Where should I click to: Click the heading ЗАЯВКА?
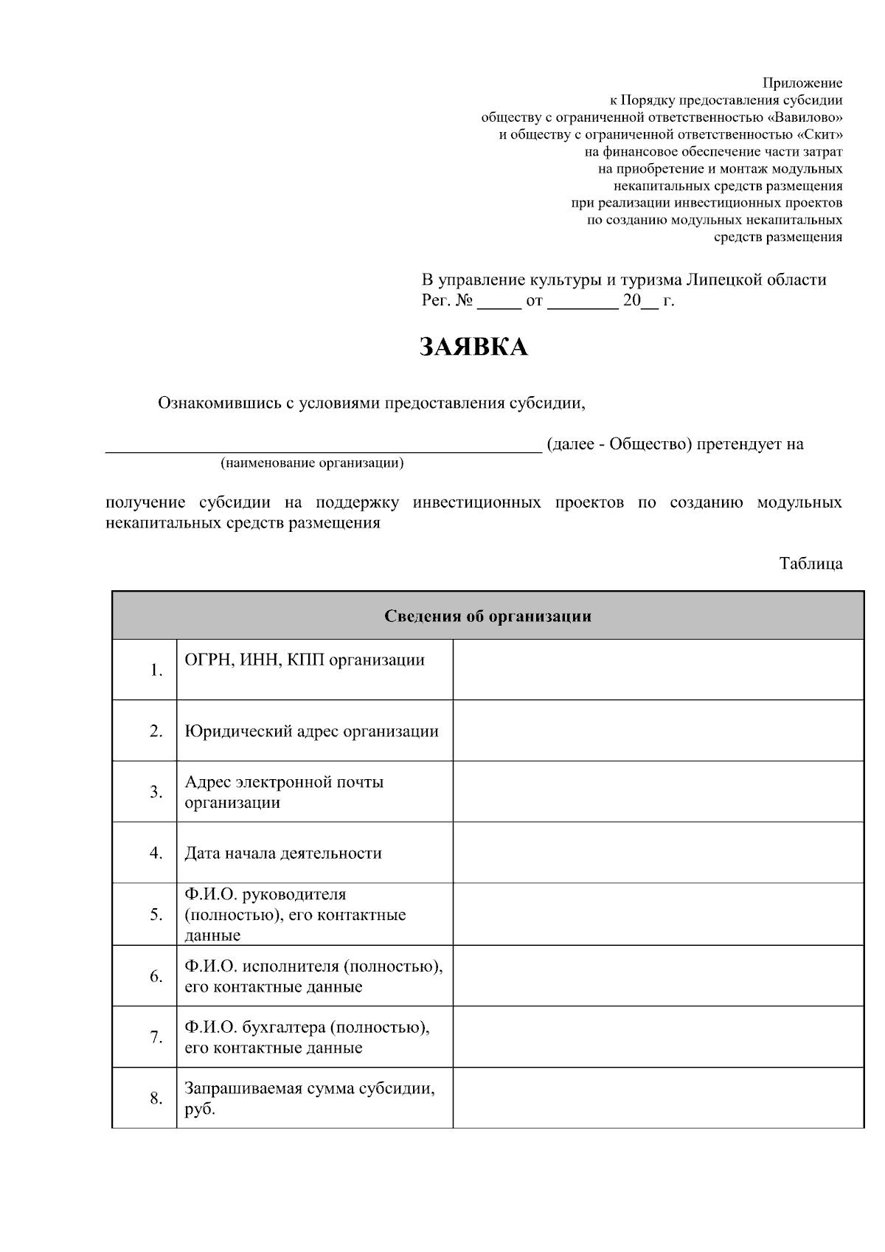[473, 347]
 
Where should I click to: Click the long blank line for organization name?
[323, 445]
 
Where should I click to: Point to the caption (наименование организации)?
[312, 463]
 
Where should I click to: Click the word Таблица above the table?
[811, 564]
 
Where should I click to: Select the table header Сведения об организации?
[487, 616]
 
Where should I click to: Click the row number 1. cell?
[156, 670]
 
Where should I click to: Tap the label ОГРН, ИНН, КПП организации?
[305, 660]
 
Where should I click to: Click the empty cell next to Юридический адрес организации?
[658, 730]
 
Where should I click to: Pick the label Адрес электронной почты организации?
[284, 792]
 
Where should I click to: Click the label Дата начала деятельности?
[282, 853]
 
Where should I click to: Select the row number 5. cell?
[156, 915]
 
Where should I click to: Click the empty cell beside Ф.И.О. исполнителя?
[658, 976]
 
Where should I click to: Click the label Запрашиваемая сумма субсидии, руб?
[309, 1098]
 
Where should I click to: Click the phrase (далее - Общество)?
[619, 444]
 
